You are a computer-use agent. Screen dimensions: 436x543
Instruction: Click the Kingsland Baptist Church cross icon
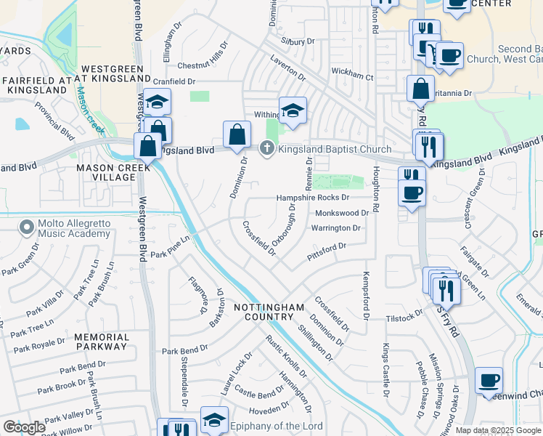[266, 149]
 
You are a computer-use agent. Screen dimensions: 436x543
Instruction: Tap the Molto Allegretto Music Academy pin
[28, 227]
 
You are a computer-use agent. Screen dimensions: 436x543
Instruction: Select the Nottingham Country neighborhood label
[263, 312]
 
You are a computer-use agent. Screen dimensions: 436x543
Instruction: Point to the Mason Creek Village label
[113, 172]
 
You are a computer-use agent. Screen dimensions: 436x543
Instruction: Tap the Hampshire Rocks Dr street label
[313, 198]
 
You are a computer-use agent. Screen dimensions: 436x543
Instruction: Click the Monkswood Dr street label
[343, 213]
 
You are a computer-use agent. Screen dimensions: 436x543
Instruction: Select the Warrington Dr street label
[335, 228]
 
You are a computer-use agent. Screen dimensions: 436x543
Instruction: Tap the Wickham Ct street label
[352, 76]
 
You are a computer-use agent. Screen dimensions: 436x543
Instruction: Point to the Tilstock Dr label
[404, 317]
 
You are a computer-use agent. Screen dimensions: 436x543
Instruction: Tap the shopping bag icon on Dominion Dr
[237, 134]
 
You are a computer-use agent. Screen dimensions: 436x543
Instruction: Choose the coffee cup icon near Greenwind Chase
[489, 380]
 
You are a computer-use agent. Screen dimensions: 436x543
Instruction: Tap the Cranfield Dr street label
[175, 82]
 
